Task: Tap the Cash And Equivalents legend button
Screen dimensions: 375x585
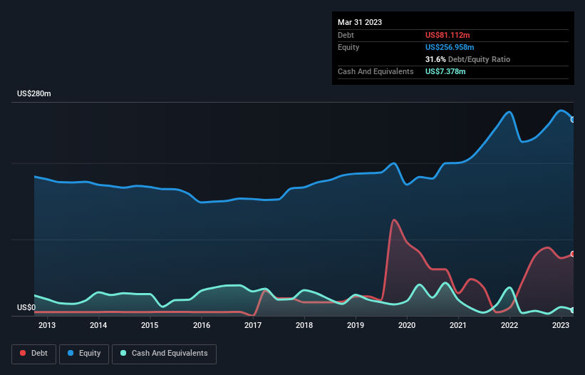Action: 164,354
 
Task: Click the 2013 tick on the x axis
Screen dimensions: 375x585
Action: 47,326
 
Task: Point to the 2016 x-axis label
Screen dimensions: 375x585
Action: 202,326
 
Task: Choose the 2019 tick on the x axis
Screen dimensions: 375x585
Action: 356,326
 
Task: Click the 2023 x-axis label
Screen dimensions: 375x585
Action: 561,326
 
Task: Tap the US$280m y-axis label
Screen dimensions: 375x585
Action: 34,94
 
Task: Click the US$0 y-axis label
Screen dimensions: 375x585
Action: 26,307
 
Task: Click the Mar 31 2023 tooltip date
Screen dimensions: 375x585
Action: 360,22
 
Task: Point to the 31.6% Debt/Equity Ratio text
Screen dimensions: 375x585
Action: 467,59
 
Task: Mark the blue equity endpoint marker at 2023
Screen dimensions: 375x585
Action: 573,120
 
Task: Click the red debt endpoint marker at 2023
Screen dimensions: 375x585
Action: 573,254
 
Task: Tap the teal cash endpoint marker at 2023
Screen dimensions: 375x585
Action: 573,310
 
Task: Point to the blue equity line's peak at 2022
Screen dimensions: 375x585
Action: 509,112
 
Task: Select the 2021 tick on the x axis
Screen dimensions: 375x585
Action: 458,326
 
